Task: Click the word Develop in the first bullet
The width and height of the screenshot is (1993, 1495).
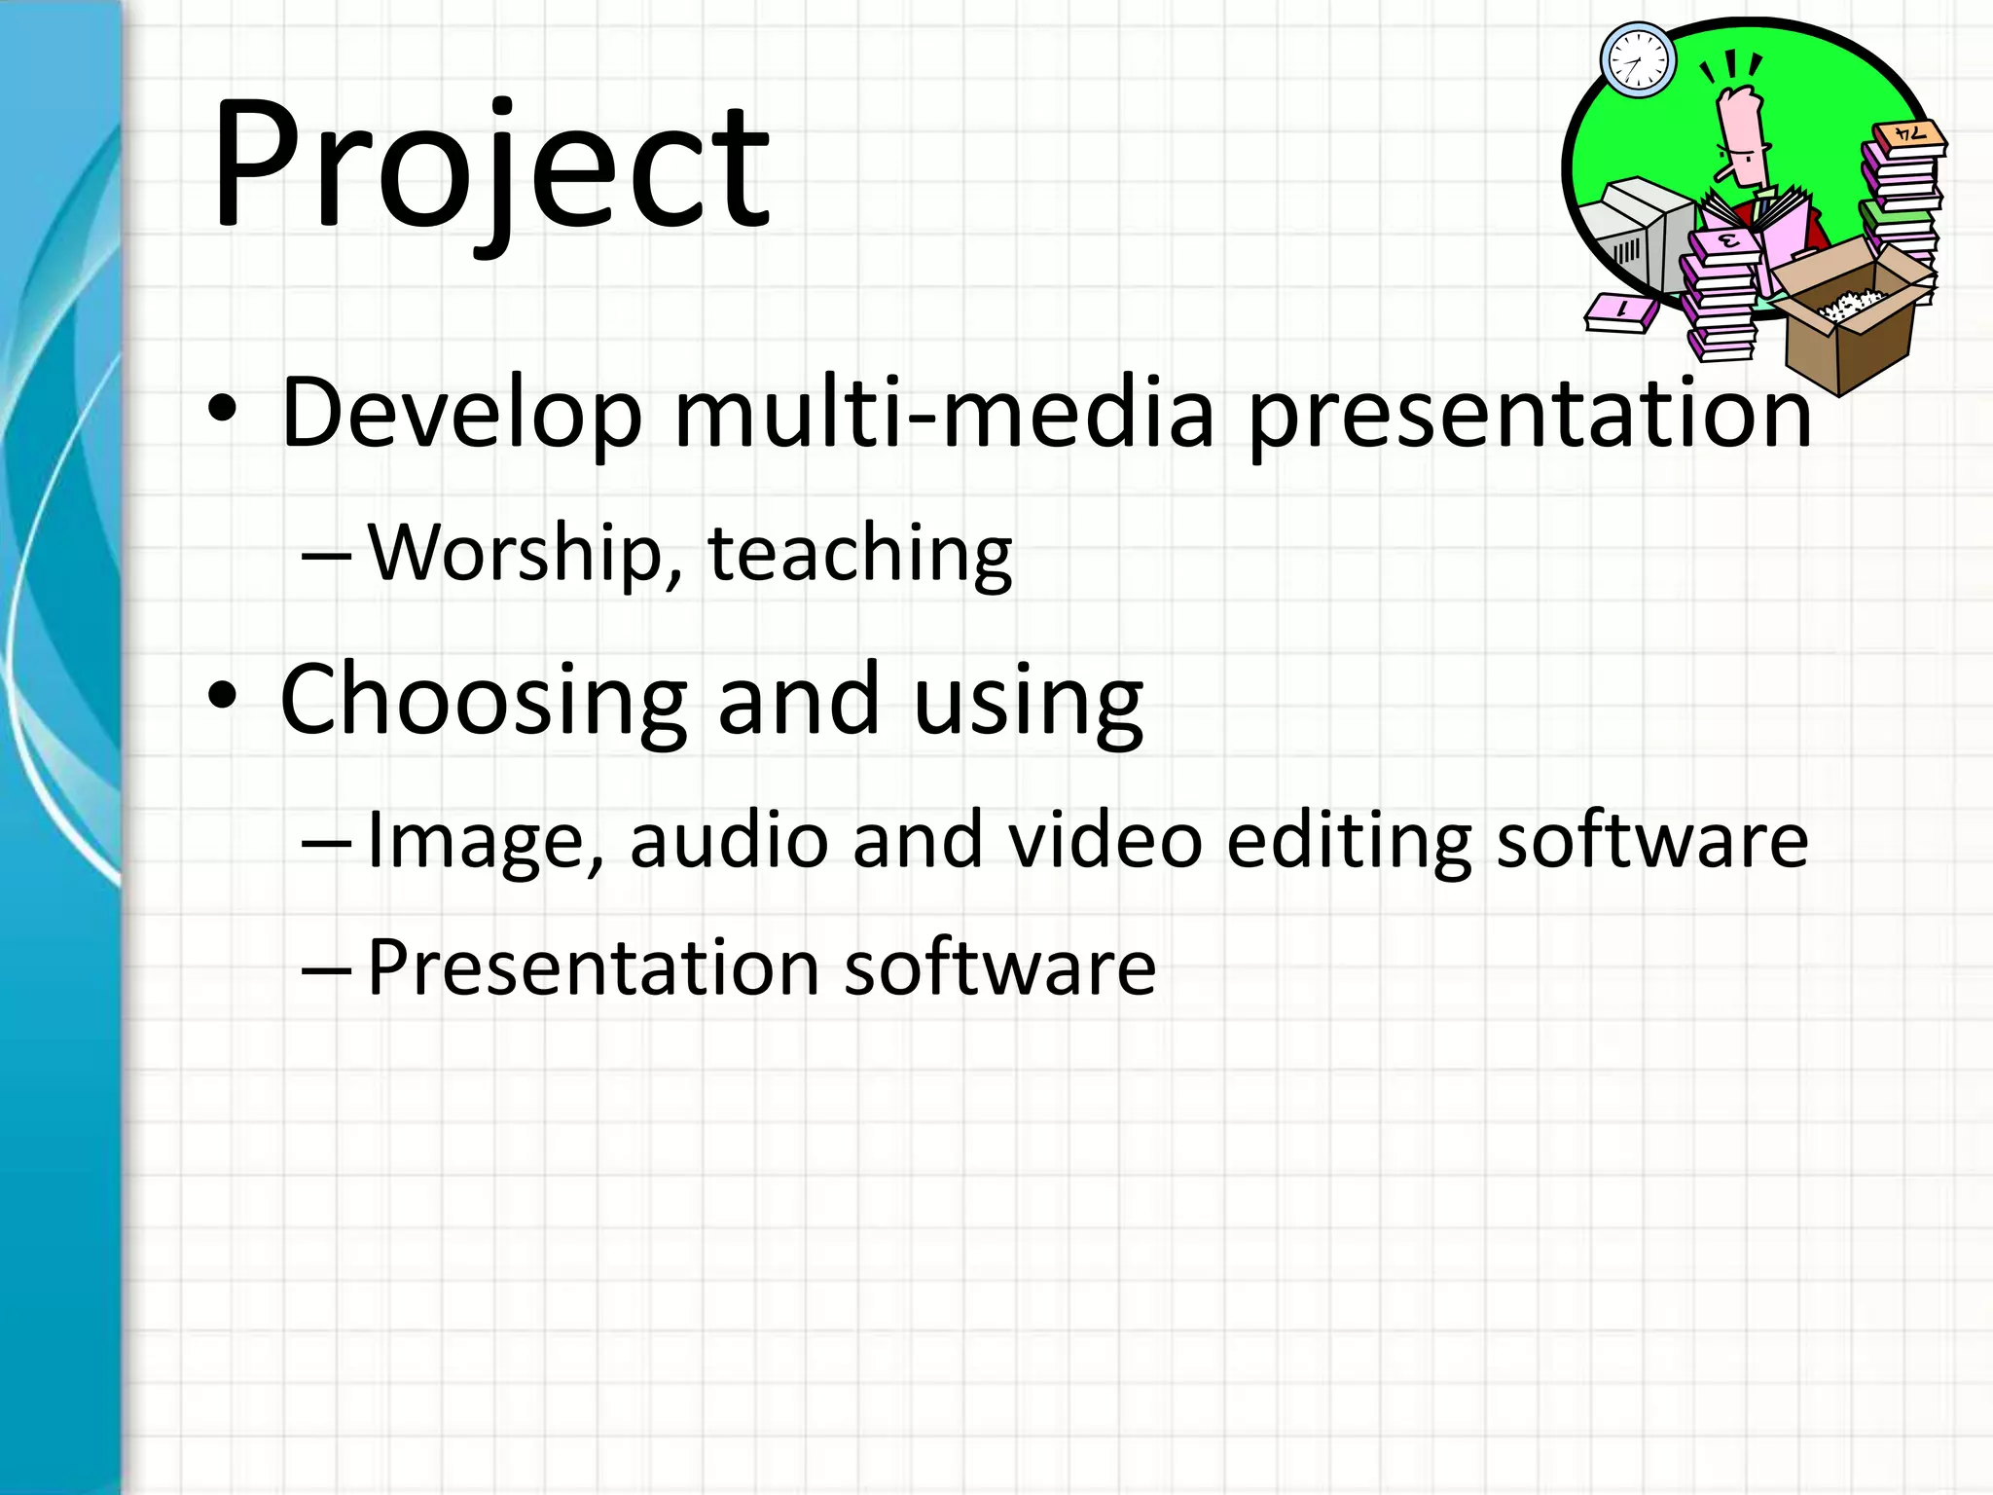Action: coord(461,413)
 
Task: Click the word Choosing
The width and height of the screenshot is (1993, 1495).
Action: coord(484,701)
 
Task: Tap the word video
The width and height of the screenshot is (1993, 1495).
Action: coord(1105,839)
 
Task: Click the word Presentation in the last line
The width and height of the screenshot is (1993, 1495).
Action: coord(593,967)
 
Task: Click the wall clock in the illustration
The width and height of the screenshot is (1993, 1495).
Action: coord(1638,60)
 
